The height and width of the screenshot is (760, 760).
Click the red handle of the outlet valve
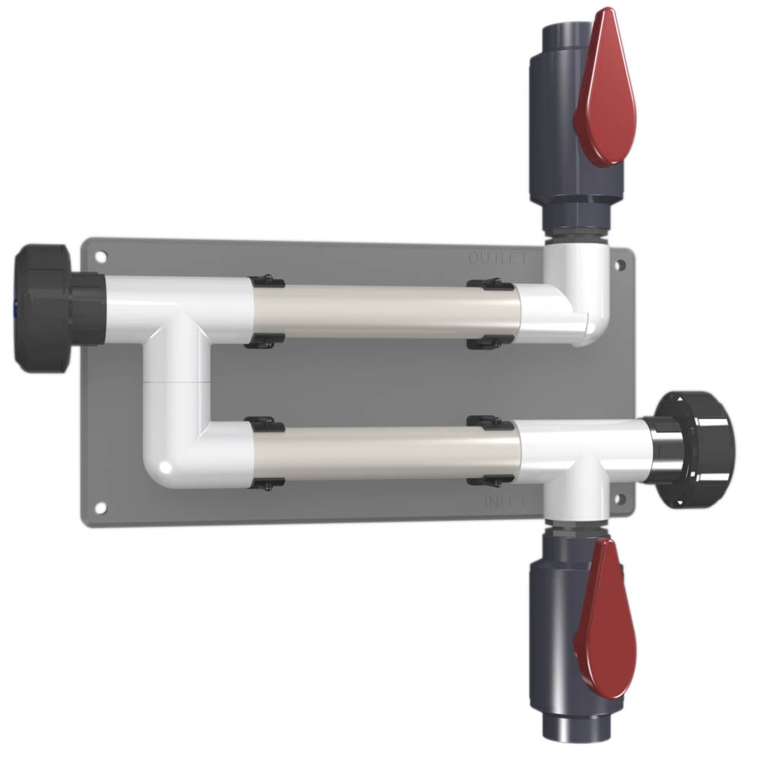[x=604, y=91]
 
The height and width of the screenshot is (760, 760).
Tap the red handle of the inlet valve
[x=604, y=619]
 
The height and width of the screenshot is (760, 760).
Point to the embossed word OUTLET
[x=498, y=258]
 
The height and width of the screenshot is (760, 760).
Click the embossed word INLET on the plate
[x=504, y=502]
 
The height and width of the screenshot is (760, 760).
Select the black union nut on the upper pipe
[x=46, y=308]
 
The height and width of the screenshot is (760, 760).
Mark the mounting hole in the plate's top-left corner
[x=100, y=257]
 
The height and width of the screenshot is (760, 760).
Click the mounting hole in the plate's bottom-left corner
[x=100, y=508]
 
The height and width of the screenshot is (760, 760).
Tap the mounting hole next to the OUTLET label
[x=620, y=265]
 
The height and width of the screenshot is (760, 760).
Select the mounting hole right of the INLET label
[x=619, y=499]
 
